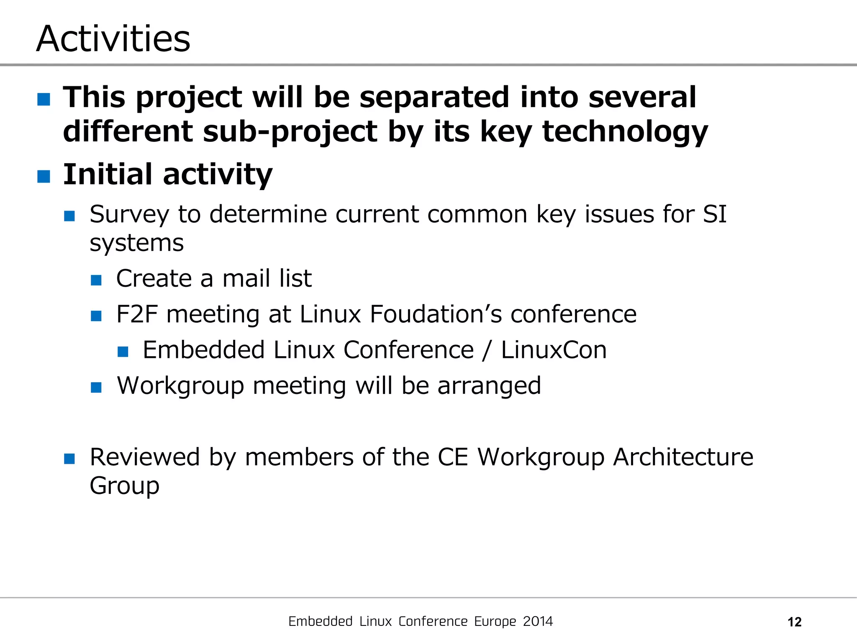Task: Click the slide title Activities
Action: click(x=113, y=39)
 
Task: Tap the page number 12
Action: click(x=794, y=622)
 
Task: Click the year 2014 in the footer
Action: click(x=538, y=621)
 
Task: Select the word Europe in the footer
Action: click(x=495, y=622)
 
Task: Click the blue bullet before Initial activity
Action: click(x=44, y=176)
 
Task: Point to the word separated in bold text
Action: click(x=435, y=97)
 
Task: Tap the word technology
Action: click(x=625, y=131)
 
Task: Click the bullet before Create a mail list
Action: click(x=96, y=280)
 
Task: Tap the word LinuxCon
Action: click(x=554, y=350)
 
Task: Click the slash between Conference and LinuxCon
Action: click(x=486, y=350)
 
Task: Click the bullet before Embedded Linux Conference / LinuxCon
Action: click(x=123, y=351)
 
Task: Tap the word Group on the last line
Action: click(x=124, y=486)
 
